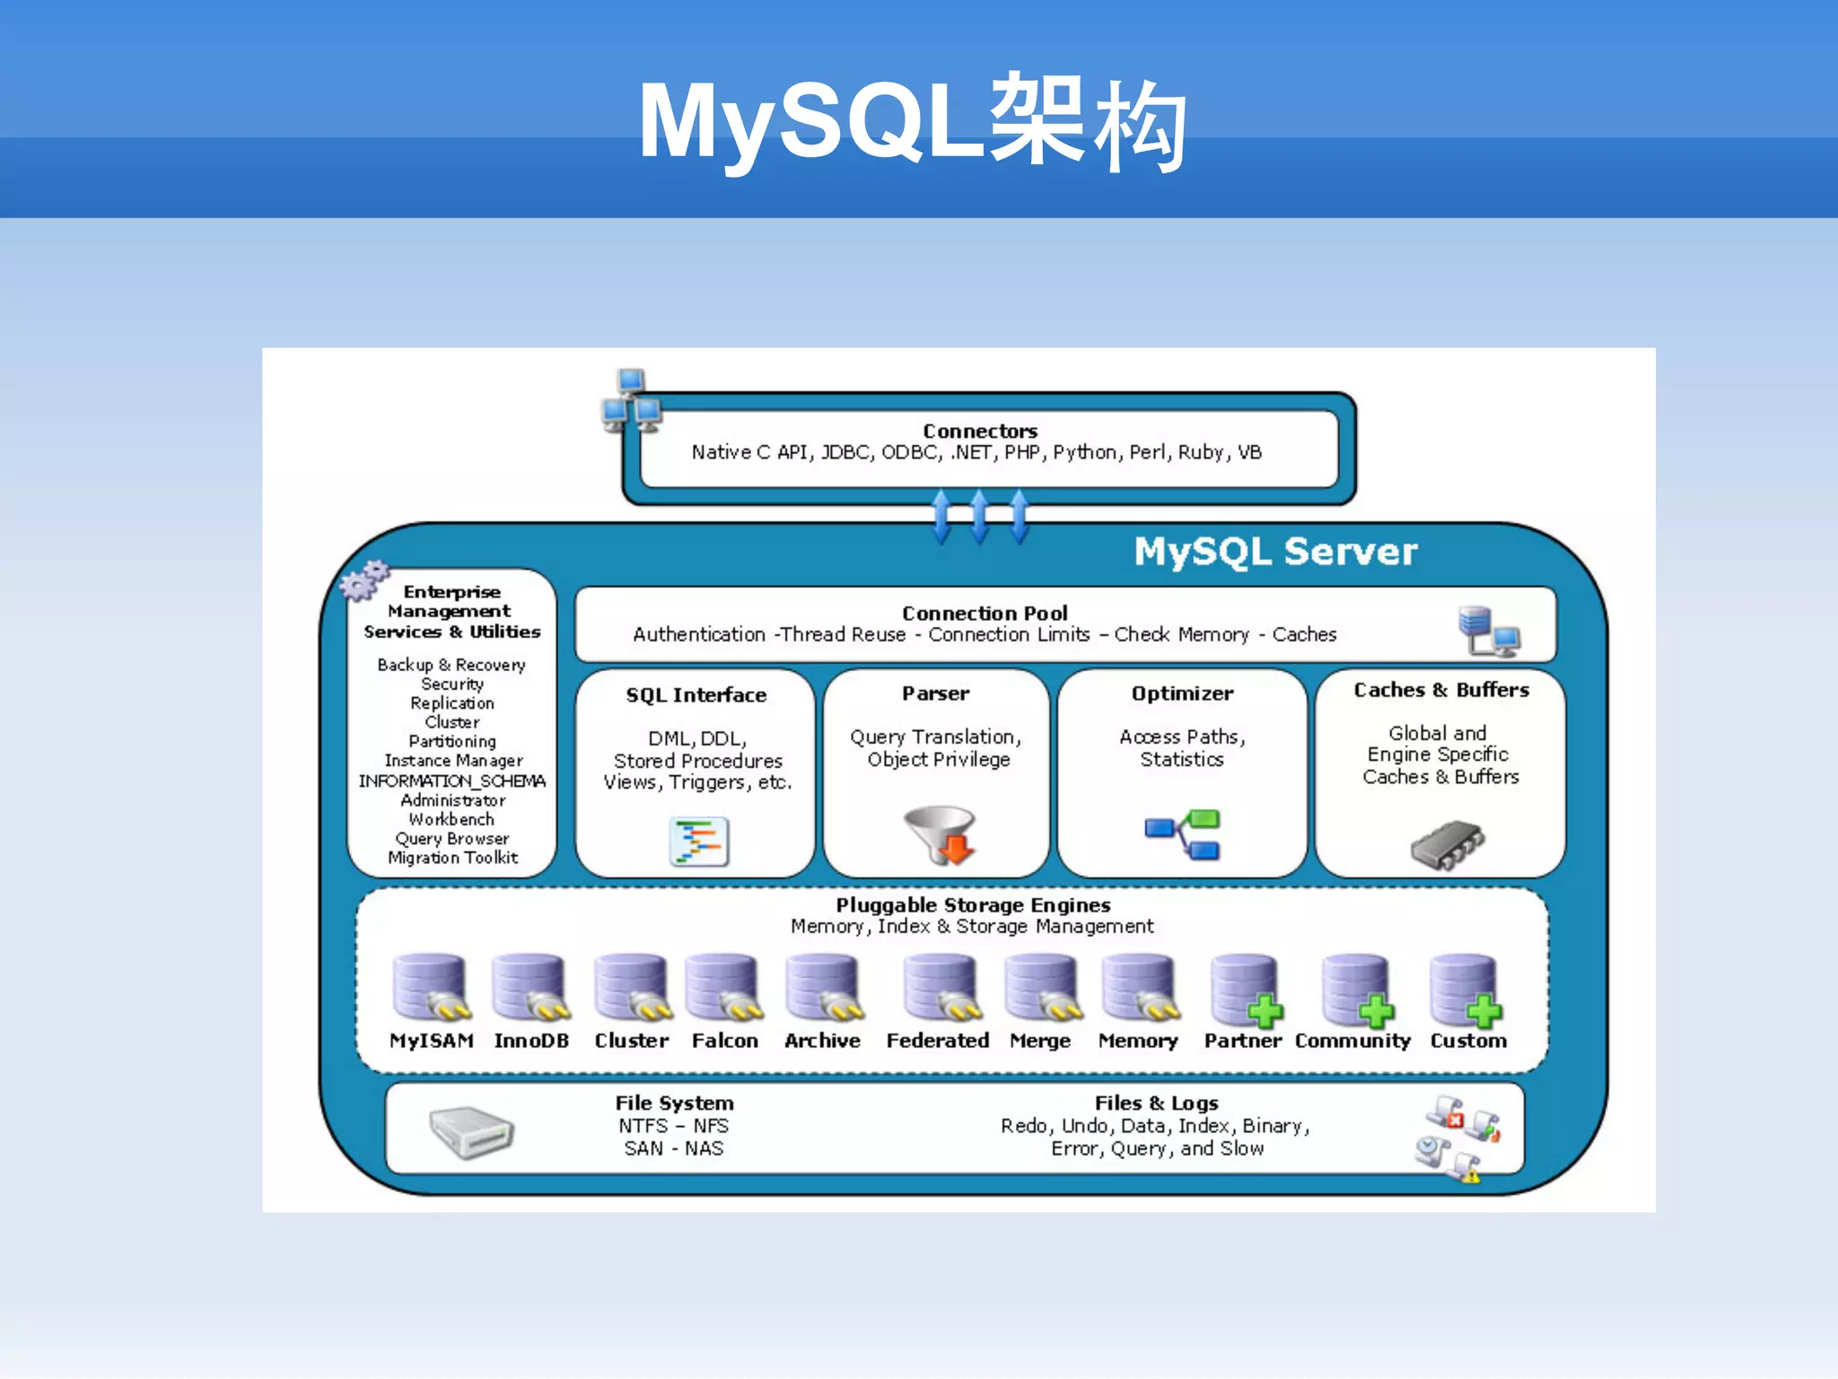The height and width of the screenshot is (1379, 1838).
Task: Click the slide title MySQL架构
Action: (x=914, y=124)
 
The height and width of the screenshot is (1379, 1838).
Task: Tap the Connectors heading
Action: (x=979, y=431)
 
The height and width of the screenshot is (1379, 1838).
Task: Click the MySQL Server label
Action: (x=1274, y=551)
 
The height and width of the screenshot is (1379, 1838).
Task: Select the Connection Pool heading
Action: (x=985, y=613)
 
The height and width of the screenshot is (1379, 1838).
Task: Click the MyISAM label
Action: (x=431, y=1041)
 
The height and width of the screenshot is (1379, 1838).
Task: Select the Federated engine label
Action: (x=937, y=1041)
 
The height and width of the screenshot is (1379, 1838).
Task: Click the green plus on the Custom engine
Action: (x=1484, y=1012)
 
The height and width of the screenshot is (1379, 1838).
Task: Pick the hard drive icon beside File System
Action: (x=470, y=1131)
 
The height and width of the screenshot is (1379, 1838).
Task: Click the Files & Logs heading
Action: (x=1156, y=1103)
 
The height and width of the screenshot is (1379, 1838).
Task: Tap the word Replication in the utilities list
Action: (x=452, y=703)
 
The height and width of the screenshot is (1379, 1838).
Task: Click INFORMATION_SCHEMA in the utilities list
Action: (x=452, y=781)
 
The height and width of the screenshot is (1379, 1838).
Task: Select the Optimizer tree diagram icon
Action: (x=1182, y=834)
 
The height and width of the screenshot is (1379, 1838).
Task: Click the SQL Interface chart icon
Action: (x=698, y=842)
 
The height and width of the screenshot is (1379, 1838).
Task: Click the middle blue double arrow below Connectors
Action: (x=979, y=517)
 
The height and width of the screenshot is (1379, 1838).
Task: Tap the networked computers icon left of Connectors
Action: (x=631, y=400)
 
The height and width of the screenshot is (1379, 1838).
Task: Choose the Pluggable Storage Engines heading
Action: (x=973, y=904)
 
